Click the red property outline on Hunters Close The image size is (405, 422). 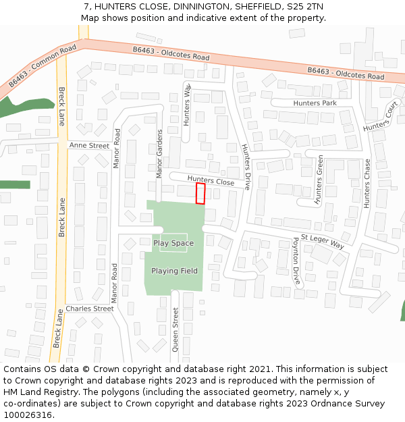(200, 194)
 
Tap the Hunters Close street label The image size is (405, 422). (211, 182)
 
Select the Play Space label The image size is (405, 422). (173, 243)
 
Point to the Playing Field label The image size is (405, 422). (174, 271)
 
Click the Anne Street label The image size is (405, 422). (88, 145)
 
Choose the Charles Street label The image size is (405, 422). (90, 309)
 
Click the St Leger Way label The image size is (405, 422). (323, 242)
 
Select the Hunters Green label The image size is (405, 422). (320, 179)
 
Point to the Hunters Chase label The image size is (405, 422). (367, 183)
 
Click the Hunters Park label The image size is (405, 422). (315, 103)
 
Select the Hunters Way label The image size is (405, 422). (187, 104)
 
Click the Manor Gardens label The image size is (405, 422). (160, 153)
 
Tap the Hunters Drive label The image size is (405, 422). (246, 167)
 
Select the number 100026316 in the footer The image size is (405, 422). (28, 415)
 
